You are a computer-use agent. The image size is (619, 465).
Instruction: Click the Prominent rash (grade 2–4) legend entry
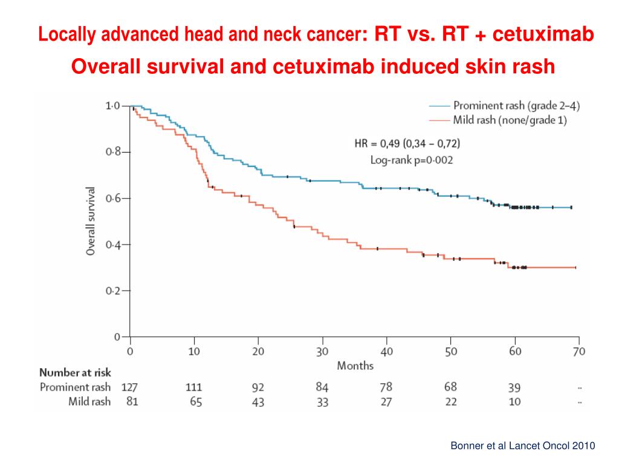[x=517, y=106]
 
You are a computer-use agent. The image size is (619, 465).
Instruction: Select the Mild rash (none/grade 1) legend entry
[x=510, y=120]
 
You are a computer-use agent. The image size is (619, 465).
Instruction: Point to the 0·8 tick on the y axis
[x=112, y=152]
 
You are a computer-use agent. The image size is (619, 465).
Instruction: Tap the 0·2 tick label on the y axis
[x=112, y=291]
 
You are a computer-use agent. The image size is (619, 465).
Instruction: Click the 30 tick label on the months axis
[x=322, y=351]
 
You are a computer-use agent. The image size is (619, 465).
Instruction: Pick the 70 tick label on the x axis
[x=578, y=351]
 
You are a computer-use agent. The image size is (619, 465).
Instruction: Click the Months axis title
[x=355, y=365]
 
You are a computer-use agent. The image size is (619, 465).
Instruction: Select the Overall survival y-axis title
[x=91, y=220]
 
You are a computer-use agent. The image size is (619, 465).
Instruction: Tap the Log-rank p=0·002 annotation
[x=412, y=160]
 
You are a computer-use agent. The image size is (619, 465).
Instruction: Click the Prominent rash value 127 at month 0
[x=130, y=387]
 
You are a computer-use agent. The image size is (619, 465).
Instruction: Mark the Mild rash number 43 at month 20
[x=258, y=401]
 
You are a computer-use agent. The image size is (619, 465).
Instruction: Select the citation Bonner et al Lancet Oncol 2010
[x=523, y=446]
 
